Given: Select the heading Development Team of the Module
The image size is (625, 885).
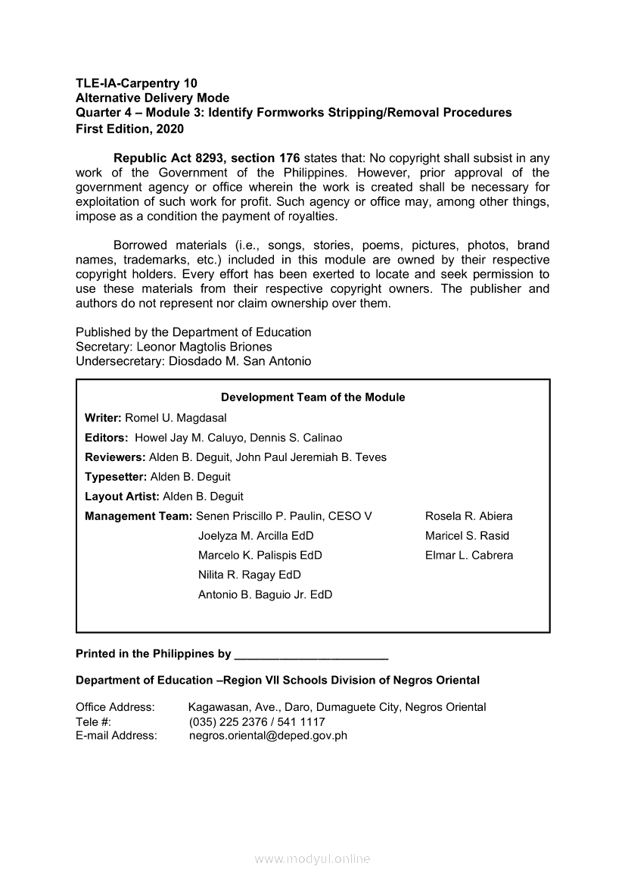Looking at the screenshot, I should point(312,397).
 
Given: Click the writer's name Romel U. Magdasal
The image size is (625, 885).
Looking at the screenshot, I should point(176,418).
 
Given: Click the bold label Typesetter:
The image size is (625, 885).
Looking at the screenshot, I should point(116,477).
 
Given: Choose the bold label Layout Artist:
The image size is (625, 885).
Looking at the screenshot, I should point(122,497).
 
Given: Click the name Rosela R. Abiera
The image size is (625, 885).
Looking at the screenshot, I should point(468,516).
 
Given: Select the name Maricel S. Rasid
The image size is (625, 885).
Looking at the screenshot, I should point(467,536).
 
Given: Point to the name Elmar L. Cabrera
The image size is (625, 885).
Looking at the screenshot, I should point(469,555).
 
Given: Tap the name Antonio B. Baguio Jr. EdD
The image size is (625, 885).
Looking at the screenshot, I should point(265,595).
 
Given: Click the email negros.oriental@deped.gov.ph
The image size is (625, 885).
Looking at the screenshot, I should point(268,735).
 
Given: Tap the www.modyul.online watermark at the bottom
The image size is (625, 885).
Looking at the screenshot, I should point(312,859).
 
